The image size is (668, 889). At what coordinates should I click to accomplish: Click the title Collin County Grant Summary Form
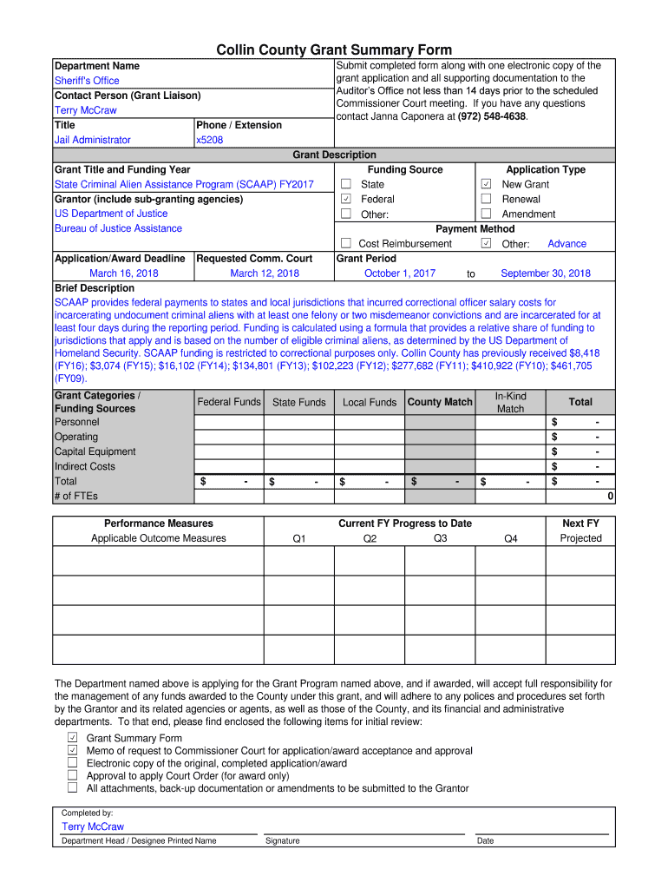(334, 49)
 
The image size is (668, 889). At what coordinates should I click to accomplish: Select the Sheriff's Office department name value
(87, 81)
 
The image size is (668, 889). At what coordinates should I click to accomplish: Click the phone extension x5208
(210, 140)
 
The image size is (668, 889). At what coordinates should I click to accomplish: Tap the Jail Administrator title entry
(93, 140)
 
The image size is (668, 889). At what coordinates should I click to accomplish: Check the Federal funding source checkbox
(345, 199)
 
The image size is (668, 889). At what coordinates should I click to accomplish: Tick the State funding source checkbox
(345, 184)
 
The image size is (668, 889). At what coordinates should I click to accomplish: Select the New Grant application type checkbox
(486, 184)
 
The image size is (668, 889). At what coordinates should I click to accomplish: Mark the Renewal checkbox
(486, 199)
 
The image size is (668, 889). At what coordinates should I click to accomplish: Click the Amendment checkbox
(486, 214)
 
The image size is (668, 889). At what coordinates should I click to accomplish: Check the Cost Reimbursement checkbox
(345, 244)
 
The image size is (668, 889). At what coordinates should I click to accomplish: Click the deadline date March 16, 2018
(124, 273)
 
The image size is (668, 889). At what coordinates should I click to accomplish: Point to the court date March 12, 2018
(265, 273)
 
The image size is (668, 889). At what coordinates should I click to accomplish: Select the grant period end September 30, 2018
(546, 273)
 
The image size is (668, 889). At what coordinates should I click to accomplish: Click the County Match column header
(440, 402)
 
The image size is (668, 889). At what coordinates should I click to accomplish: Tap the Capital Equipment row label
(95, 451)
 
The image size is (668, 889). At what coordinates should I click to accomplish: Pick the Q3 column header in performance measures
(440, 538)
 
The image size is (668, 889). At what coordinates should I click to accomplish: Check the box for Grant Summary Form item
(73, 737)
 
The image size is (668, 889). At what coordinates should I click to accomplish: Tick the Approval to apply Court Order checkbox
(73, 775)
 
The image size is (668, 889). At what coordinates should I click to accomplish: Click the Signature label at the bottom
(283, 840)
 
